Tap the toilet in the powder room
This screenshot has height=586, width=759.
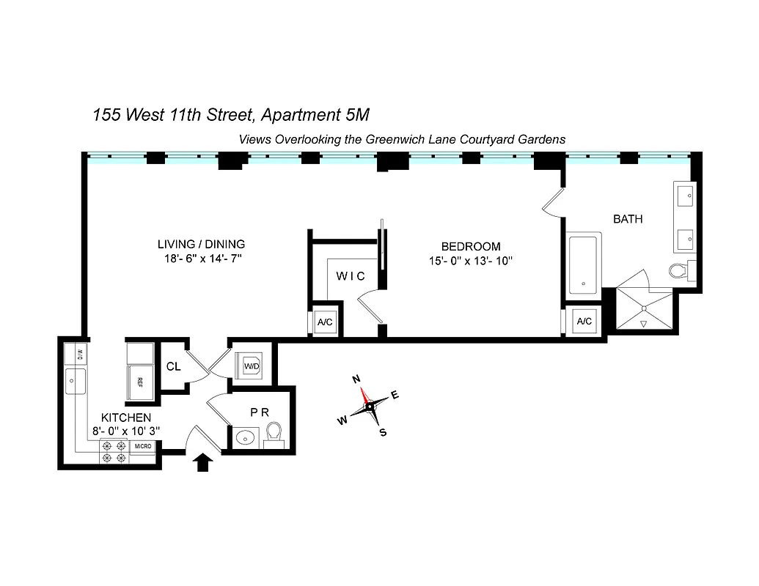click(x=274, y=433)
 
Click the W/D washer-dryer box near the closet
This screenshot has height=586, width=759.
click(x=250, y=364)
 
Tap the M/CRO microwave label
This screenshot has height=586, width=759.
click(x=142, y=446)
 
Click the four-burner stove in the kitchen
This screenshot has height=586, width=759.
click(x=114, y=452)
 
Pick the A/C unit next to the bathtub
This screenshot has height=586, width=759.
click(x=584, y=321)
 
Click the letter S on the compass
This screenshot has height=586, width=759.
click(x=382, y=432)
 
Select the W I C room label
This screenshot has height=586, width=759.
click(x=351, y=276)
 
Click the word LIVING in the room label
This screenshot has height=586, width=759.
click(x=177, y=244)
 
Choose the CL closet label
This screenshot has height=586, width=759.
click(x=174, y=366)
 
